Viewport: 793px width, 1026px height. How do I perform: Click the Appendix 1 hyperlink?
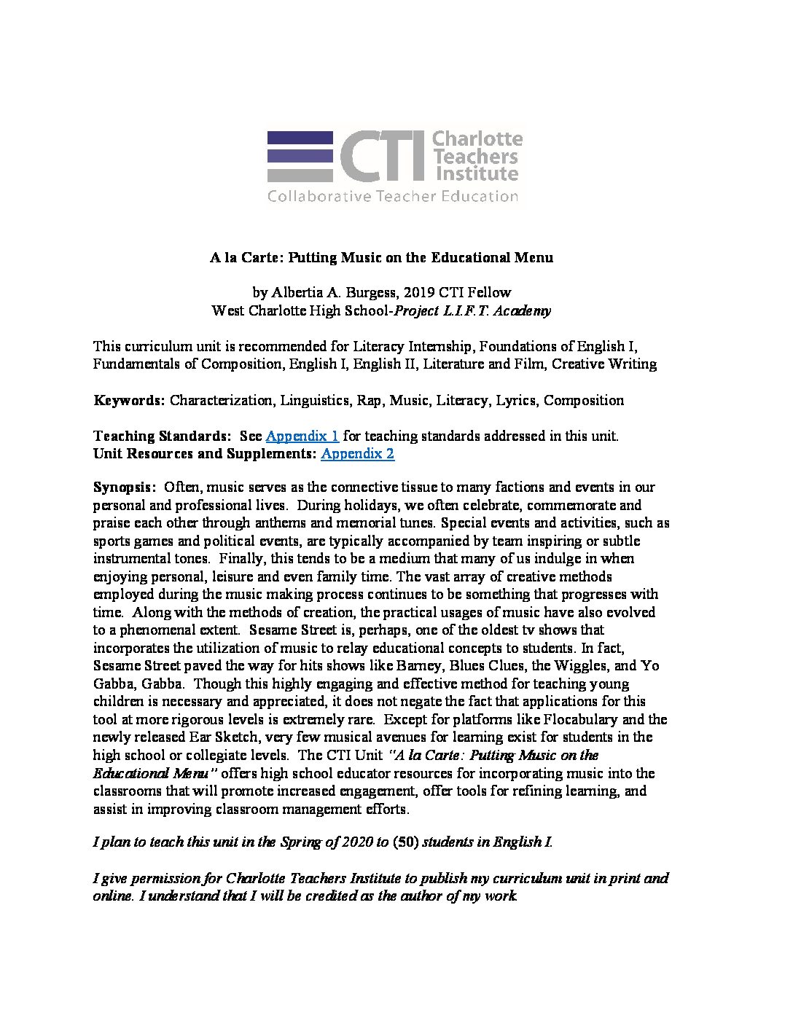pos(302,436)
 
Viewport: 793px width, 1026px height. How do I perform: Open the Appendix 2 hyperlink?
pos(357,454)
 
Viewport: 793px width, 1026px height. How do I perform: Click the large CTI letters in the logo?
pos(382,157)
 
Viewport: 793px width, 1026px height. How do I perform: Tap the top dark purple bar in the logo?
pos(300,138)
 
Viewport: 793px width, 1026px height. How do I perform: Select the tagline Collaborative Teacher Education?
pos(393,196)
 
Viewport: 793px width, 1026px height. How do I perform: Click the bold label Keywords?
pos(129,400)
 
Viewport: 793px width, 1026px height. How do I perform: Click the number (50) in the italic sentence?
pos(405,842)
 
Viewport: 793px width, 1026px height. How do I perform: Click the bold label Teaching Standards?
pos(161,436)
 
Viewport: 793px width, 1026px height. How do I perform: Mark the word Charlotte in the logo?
pos(477,138)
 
